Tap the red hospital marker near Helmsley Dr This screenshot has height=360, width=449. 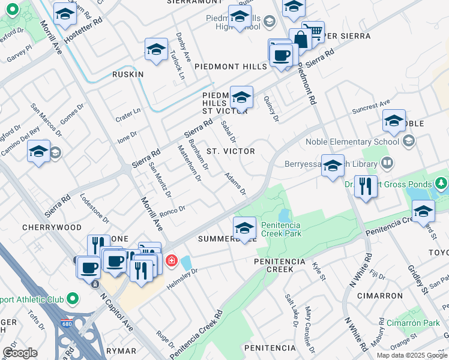[172, 260]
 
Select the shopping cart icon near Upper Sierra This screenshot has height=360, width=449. [313, 31]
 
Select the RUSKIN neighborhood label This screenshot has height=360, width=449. [128, 74]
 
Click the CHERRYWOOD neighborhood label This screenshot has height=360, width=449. [52, 228]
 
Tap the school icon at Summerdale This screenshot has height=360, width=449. [244, 227]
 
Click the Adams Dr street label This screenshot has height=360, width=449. [235, 184]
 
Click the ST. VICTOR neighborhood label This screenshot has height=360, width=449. [231, 151]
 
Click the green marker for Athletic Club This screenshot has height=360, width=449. [73, 298]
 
